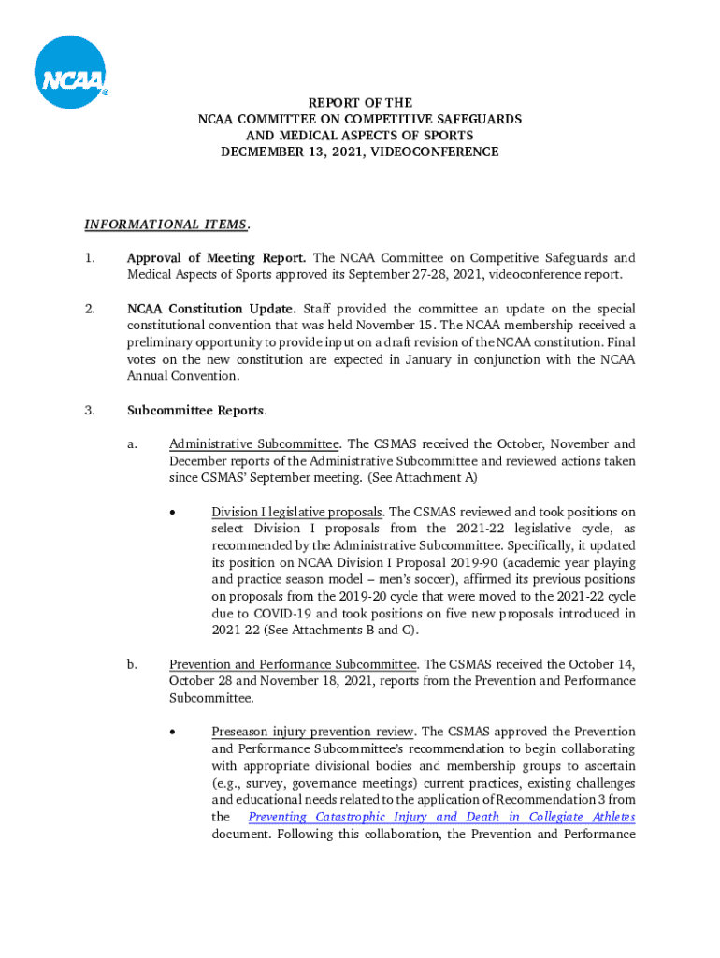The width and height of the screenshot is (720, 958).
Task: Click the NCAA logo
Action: [x=71, y=72]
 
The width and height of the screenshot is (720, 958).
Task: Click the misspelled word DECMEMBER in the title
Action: [x=262, y=152]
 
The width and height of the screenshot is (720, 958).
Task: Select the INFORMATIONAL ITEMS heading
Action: [x=166, y=225]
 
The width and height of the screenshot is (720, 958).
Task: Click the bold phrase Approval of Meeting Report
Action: [x=217, y=258]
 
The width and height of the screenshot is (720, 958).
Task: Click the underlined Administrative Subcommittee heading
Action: [x=253, y=444]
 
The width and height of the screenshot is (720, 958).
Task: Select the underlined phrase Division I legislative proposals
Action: [x=296, y=513]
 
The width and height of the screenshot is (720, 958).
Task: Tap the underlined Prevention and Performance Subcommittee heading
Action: [x=293, y=664]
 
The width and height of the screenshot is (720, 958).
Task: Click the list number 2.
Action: [x=89, y=309]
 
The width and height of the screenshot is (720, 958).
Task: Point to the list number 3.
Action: [x=89, y=411]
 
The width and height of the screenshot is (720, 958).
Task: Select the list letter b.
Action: [x=132, y=664]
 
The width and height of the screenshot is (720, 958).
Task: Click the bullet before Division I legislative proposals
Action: [x=173, y=513]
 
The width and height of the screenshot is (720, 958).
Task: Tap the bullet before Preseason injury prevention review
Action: [x=173, y=732]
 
